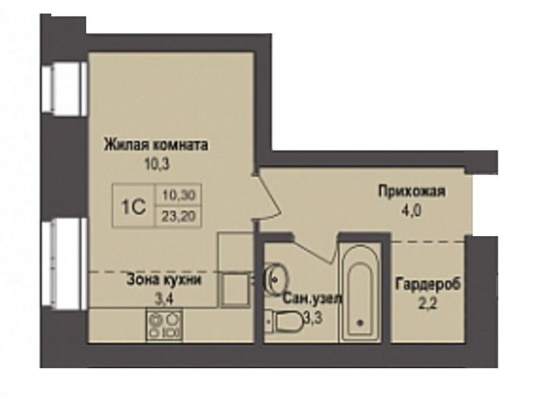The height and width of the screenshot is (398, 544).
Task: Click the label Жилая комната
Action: tap(156, 144)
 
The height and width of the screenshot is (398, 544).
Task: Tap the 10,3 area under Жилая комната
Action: tap(157, 163)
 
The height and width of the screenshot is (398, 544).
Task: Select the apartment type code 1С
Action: tap(133, 207)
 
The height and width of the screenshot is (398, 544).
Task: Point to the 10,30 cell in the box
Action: tap(179, 195)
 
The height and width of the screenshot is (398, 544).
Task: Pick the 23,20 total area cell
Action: tap(179, 216)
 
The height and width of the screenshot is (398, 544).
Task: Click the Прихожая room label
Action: tap(411, 191)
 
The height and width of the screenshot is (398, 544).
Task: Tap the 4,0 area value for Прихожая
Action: tap(411, 211)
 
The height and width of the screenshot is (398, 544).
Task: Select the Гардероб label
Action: tap(428, 284)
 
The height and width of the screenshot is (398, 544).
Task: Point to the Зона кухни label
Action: tap(164, 280)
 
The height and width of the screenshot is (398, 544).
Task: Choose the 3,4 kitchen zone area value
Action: tap(163, 299)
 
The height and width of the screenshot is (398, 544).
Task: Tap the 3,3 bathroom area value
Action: tap(313, 317)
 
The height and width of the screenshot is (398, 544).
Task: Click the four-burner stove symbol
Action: tap(165, 325)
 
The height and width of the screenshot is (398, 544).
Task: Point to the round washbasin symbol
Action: tap(277, 278)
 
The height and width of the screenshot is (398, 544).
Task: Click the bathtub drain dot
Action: tap(360, 322)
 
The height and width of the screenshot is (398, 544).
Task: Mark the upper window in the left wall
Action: tap(63, 88)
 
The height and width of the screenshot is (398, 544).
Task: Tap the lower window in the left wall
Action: tap(63, 265)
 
